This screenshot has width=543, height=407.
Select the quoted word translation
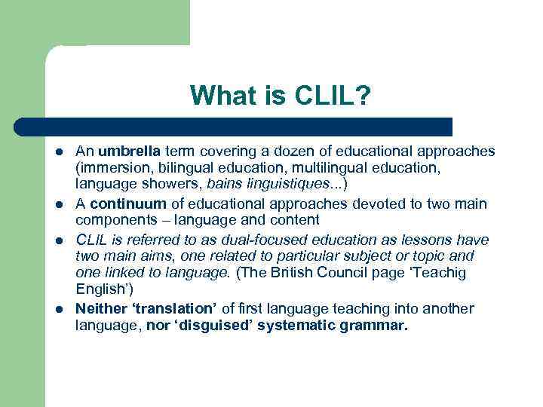[x=179, y=308]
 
